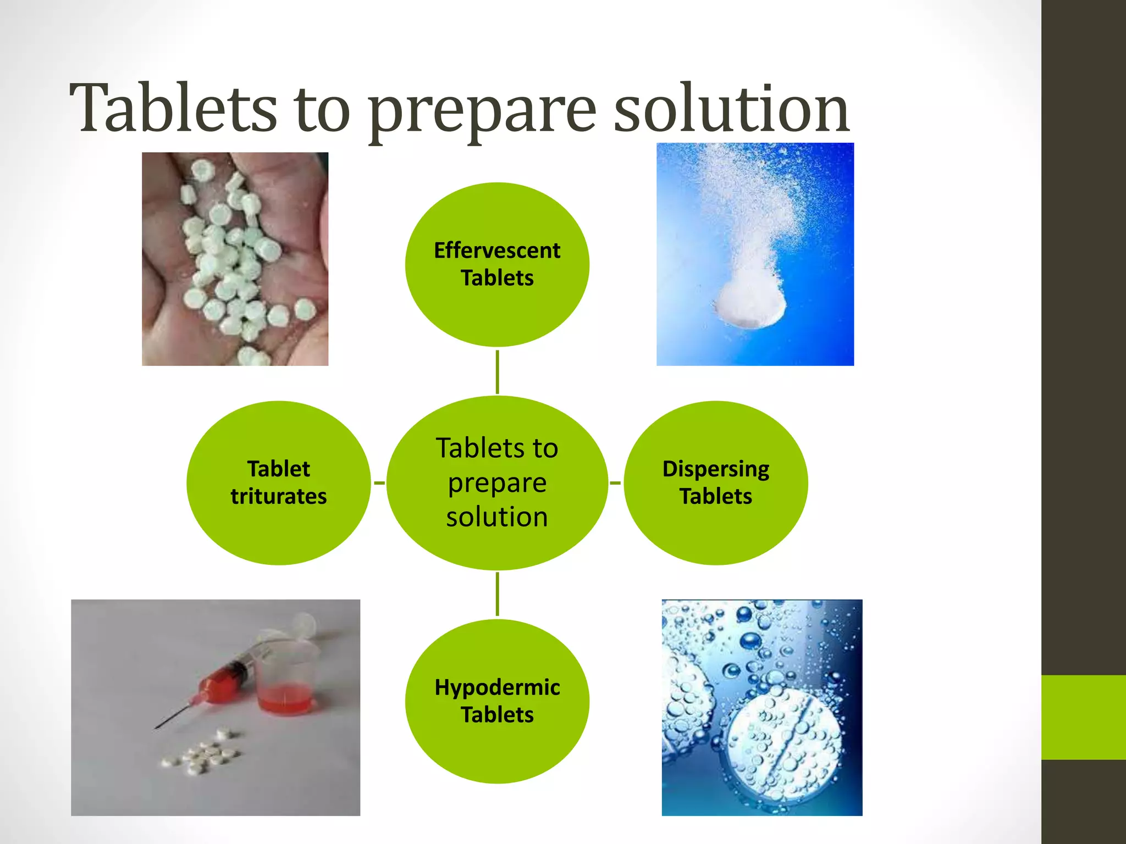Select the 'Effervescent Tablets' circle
497,308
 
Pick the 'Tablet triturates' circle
278,527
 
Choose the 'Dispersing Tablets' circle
715,527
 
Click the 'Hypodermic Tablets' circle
497,747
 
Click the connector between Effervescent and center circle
497,371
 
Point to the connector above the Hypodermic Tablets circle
497,594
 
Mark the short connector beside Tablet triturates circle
379,483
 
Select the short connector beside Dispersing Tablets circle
615,483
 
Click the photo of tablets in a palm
235,259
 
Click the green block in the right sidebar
1083,717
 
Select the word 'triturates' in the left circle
278,496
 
